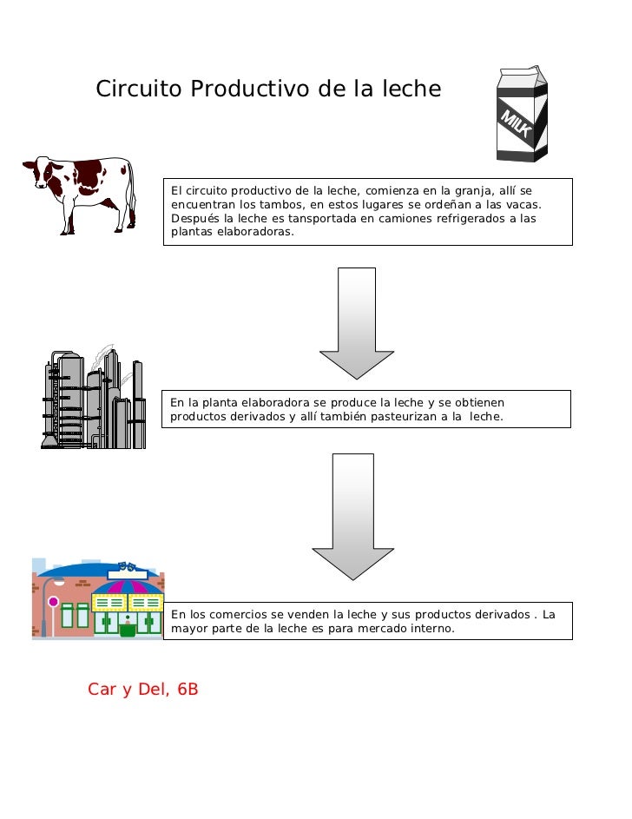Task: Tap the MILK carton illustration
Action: pos(522,114)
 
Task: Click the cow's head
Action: pos(42,172)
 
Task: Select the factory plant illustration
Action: pos(94,398)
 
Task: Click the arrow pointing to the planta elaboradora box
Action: pos(357,323)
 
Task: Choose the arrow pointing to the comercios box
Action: pos(352,517)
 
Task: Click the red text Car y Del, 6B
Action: pos(143,690)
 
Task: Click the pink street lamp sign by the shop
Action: pos(53,602)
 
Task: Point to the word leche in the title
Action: pos(411,89)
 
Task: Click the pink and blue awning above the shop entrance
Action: pos(128,586)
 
